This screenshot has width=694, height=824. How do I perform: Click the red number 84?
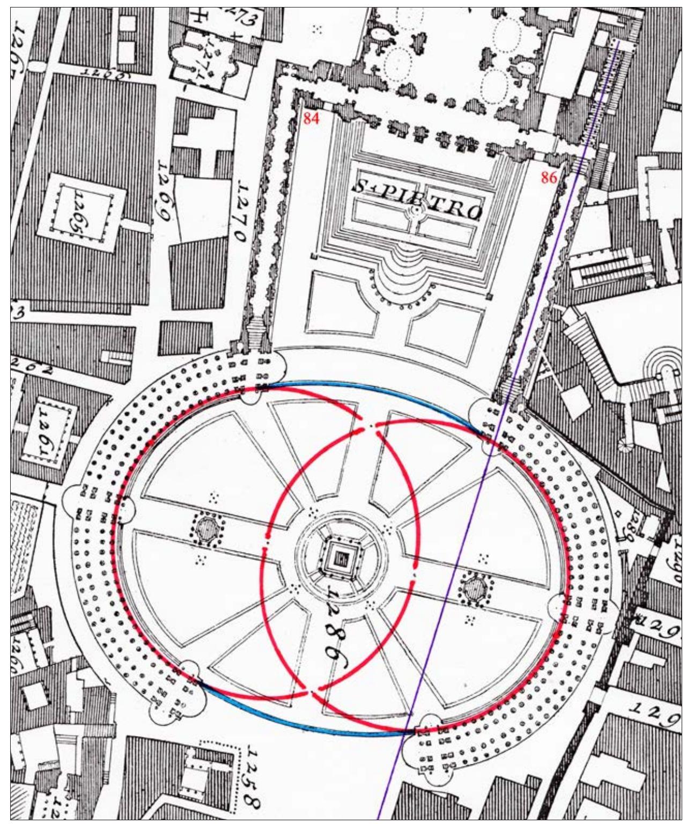coord(311,118)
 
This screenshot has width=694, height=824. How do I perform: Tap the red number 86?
coord(549,178)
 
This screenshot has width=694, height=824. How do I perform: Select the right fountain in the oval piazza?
coord(475,590)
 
